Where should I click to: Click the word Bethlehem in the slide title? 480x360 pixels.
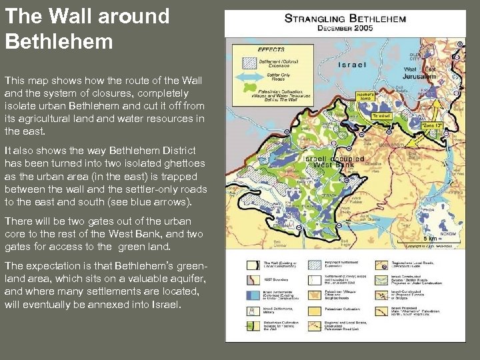[59, 41]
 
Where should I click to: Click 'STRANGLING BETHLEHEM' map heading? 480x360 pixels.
[345, 19]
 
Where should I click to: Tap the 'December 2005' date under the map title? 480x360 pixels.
[345, 29]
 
